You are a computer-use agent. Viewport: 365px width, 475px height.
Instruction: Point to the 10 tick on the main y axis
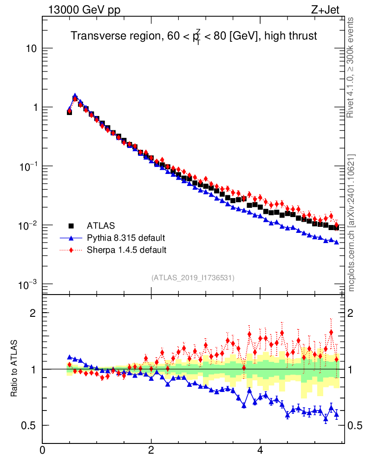click(32, 49)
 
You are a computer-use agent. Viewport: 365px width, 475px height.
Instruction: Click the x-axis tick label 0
click(43, 450)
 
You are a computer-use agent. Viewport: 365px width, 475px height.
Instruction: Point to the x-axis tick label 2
click(151, 450)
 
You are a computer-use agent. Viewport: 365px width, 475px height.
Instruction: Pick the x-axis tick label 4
click(260, 450)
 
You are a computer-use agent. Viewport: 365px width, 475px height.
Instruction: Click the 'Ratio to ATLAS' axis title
click(15, 369)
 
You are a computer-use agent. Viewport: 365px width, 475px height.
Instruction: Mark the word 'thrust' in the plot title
click(302, 36)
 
